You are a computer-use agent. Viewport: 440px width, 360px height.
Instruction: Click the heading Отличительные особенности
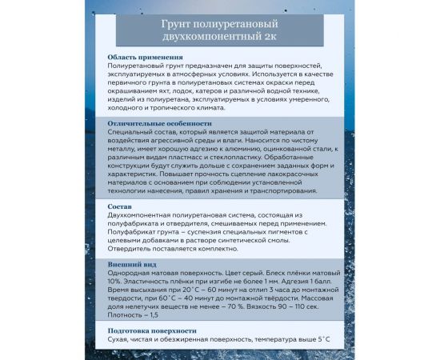(x=160, y=124)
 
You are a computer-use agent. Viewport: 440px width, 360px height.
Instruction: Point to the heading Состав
(x=122, y=206)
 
